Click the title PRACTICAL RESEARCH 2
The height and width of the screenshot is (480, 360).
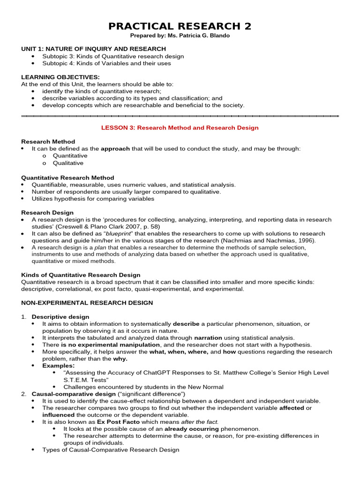click(180, 26)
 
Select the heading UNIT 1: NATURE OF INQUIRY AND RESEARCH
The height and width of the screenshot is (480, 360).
click(93, 49)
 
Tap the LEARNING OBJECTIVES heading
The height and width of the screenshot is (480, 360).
click(60, 77)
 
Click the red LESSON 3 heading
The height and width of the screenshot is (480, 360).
click(180, 127)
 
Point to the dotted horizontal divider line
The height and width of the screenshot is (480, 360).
click(180, 115)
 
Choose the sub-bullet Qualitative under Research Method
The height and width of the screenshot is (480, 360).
click(68, 163)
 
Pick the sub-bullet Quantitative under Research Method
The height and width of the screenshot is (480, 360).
click(70, 156)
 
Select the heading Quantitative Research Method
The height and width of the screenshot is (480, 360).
click(67, 178)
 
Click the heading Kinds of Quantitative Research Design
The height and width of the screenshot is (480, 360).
click(81, 275)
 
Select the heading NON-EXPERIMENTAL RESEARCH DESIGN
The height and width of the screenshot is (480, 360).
click(87, 303)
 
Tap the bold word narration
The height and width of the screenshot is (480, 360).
click(208, 337)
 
